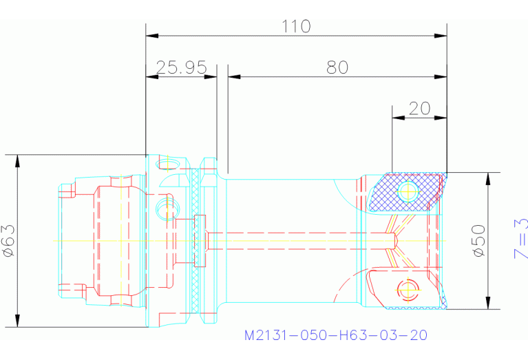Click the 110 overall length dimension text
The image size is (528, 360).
296,26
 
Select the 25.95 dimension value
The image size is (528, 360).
181,67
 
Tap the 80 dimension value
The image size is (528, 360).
337,67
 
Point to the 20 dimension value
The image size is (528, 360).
419,108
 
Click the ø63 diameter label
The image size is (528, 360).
8,242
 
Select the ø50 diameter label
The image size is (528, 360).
479,241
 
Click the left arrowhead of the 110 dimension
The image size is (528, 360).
152,34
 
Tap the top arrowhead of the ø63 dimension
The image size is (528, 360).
17,160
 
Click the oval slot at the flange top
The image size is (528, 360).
167,164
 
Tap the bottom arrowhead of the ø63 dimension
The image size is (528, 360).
17,321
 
